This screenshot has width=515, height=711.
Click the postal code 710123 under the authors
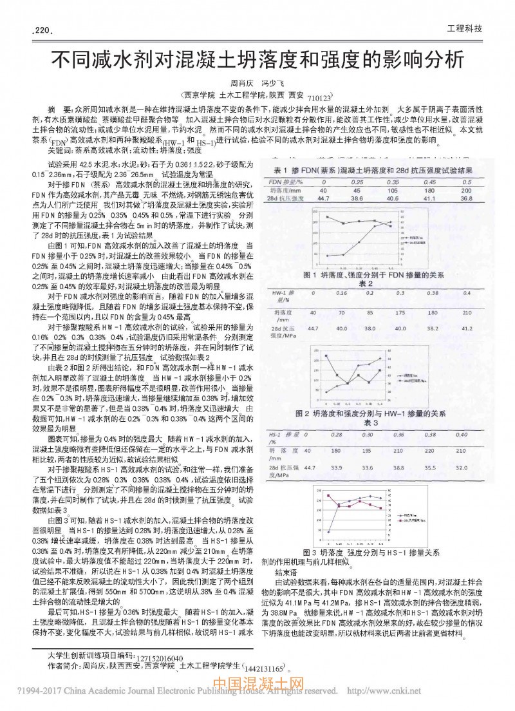click(x=318, y=97)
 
